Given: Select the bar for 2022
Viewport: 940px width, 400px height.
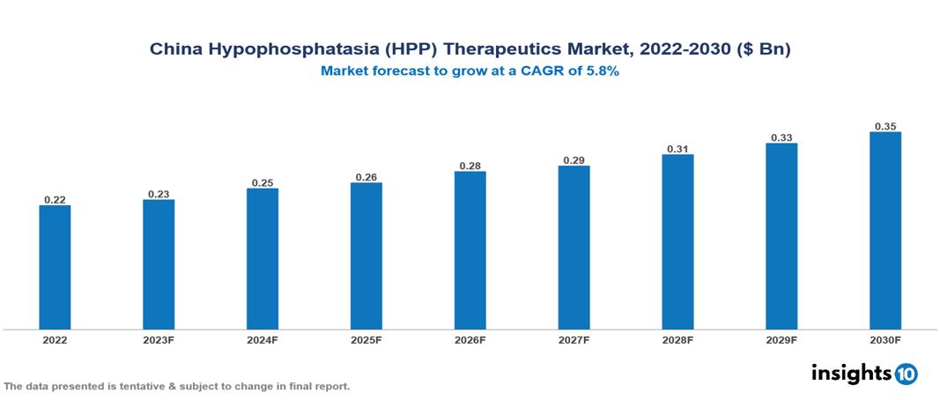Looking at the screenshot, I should tap(55, 267).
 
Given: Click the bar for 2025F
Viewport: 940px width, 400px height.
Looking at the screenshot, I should tap(366, 256).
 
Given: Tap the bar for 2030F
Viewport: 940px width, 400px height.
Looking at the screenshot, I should tap(885, 231).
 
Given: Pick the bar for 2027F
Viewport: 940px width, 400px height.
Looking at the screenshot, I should tap(574, 248).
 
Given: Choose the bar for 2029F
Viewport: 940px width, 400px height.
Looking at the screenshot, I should tap(781, 236).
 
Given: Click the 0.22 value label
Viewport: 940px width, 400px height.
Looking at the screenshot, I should tap(55, 200).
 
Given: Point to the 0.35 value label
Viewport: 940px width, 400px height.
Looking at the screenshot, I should tap(885, 127).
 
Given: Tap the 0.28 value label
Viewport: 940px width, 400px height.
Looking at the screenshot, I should tap(470, 166).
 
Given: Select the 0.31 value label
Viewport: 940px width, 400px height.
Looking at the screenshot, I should tap(677, 149).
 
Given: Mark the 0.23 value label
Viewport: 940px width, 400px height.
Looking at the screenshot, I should tap(159, 194).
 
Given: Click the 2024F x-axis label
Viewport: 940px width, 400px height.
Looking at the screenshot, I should tap(263, 339).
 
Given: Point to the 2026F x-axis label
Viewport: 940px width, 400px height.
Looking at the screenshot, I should tap(470, 339).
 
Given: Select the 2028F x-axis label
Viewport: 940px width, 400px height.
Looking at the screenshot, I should tap(677, 339).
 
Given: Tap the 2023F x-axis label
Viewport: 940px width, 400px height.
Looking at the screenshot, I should tap(159, 339).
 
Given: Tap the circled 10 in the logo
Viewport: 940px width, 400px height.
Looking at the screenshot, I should tap(906, 374).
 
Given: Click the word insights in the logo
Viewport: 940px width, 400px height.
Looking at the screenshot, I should tap(850, 373).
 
